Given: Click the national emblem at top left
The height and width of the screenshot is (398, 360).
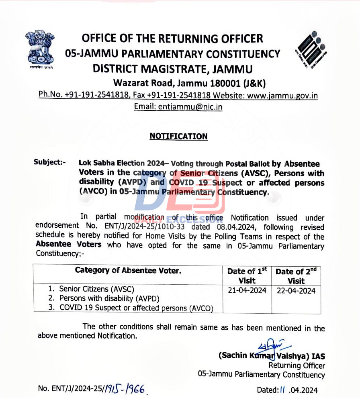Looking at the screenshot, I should tap(39, 49).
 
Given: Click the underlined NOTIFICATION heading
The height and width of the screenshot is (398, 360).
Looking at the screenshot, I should tap(178, 137).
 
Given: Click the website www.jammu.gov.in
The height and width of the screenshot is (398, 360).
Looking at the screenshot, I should tap(282, 96).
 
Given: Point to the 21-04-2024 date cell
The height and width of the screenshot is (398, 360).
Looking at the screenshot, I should tap(247, 290).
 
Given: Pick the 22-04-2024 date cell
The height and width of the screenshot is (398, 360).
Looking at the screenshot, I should tap(296, 291).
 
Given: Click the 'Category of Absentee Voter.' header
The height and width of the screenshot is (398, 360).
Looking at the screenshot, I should tap(128, 271).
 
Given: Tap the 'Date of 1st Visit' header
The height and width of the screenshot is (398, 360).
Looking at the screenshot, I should tap(247, 276).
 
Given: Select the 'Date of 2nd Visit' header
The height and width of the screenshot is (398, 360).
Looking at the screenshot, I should tap(296, 276).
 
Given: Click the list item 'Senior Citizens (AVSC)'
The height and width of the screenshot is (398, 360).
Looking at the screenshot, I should tap(96, 289).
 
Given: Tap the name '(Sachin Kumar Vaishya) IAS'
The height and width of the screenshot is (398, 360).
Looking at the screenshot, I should tap(272, 356).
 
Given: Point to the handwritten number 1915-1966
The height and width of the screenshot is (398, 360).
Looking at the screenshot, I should tap(124, 388).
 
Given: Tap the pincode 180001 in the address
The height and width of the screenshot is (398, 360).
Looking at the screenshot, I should tap(223, 83).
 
